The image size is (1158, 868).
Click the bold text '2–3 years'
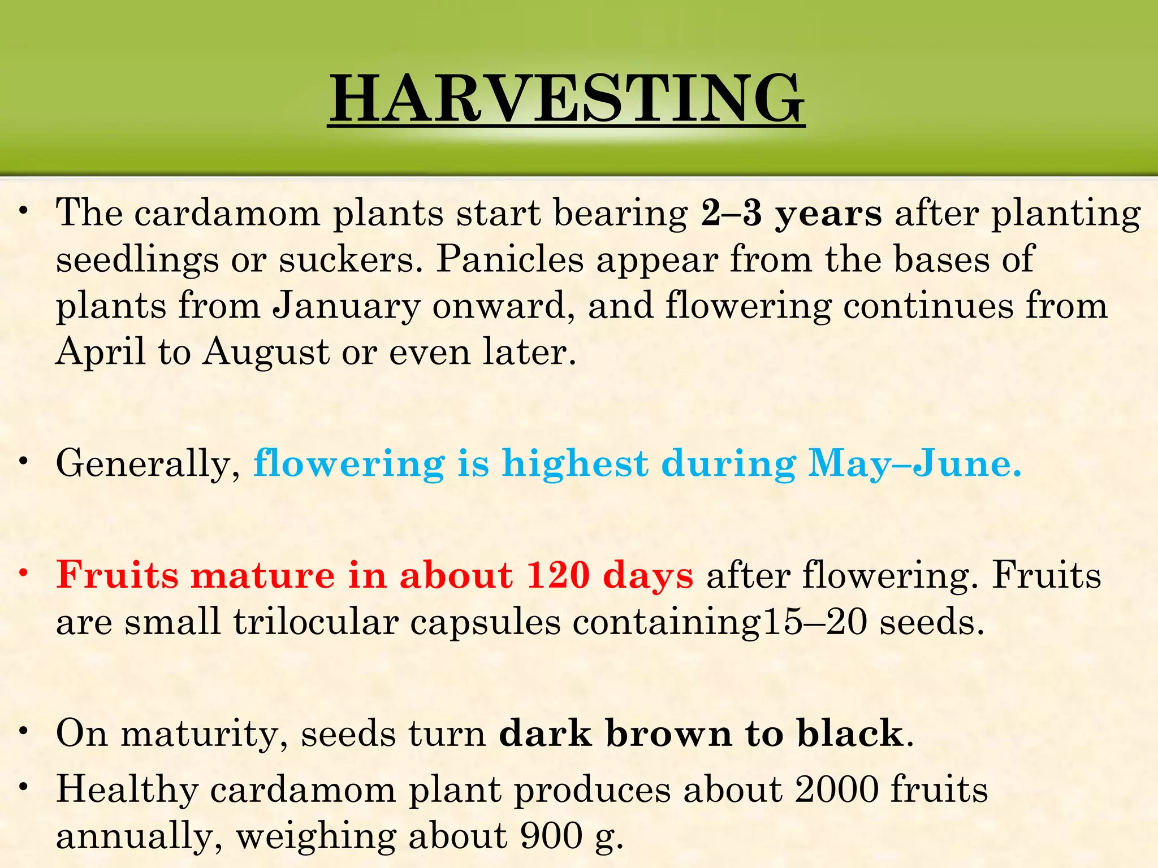pos(790,214)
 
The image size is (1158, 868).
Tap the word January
pos(347,306)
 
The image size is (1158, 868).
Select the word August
pos(266,352)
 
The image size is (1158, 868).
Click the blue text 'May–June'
pos(914,463)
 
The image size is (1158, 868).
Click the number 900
pos(551,836)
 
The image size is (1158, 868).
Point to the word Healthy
pos(127,790)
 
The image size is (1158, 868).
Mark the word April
pos(101,352)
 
